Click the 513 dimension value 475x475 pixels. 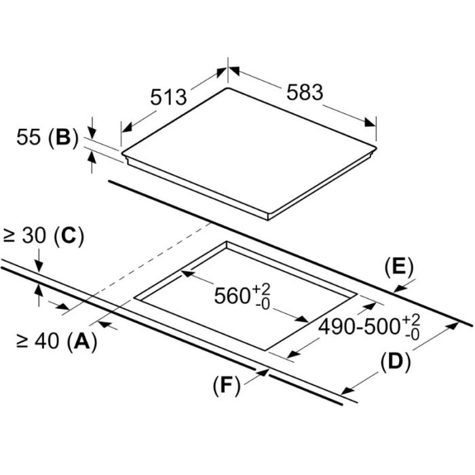click(168, 96)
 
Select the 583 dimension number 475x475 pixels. click(305, 92)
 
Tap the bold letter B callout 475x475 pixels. click(63, 137)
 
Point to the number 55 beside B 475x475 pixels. click(28, 137)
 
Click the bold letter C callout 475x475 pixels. click(68, 235)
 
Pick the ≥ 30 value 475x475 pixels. click(24, 235)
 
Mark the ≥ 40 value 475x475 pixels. click(37, 341)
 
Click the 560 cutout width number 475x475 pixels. click(232, 295)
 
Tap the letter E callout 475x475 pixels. click(399, 267)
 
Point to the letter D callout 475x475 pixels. click(396, 362)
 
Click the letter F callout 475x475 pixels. click(226, 385)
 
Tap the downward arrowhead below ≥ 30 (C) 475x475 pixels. click(39, 266)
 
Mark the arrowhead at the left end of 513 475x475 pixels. click(128, 128)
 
